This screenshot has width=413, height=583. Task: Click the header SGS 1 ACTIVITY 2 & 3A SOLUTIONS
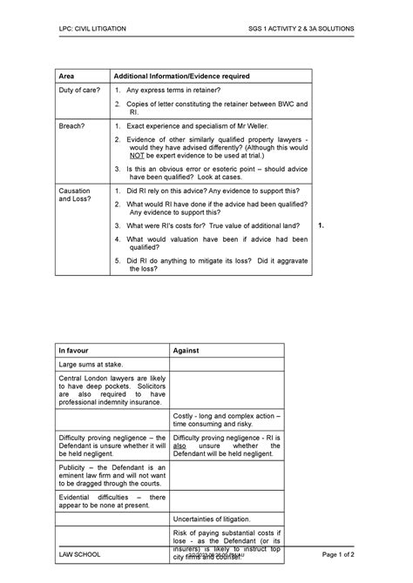click(301, 29)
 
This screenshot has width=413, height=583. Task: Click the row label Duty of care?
click(79, 90)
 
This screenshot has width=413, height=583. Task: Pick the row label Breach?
click(72, 126)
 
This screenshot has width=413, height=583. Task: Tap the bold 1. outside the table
click(322, 224)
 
